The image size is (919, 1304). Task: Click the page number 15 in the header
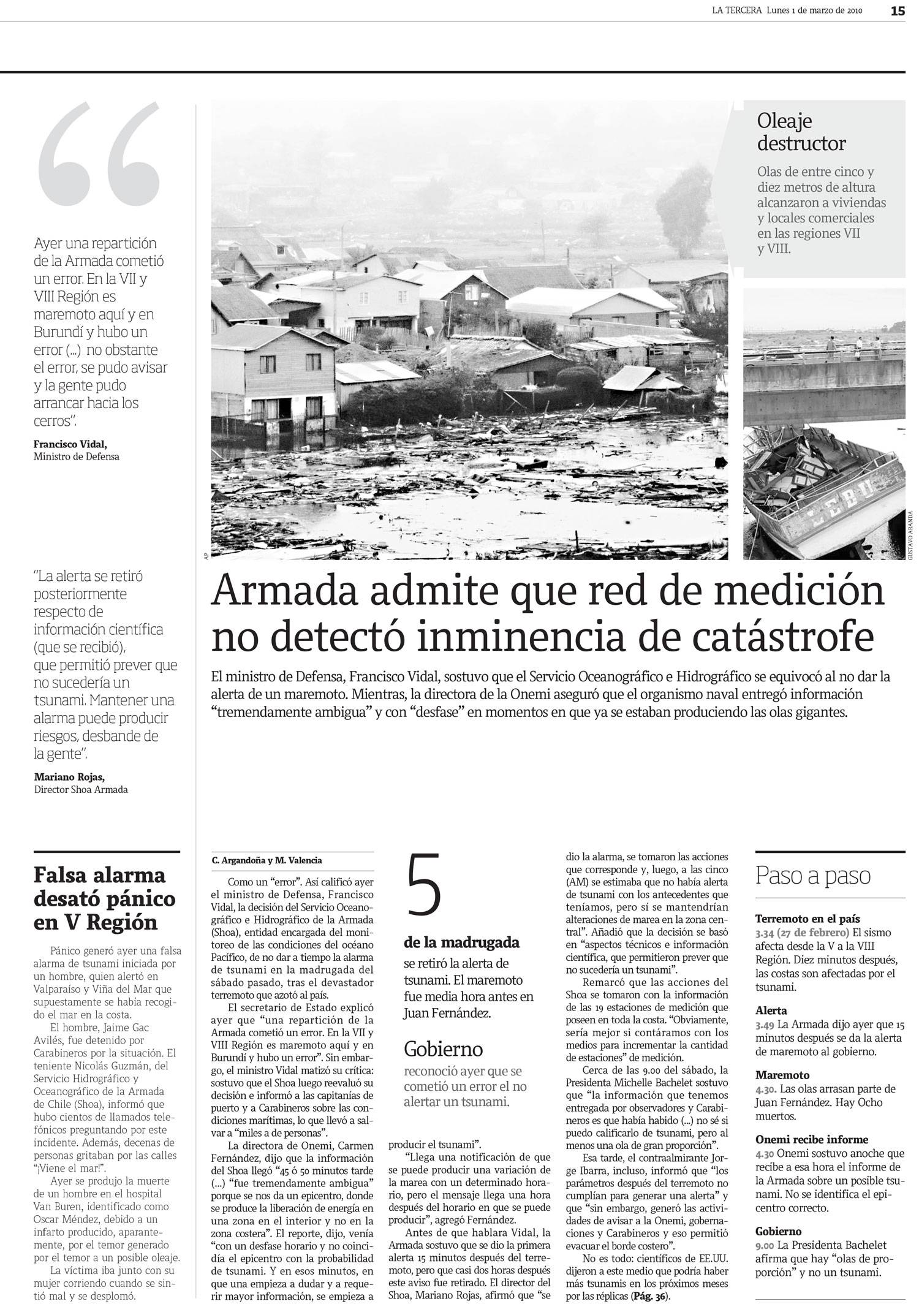pos(898,10)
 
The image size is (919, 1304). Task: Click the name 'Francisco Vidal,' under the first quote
pos(74,444)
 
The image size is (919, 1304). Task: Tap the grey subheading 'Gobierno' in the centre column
pos(443,1048)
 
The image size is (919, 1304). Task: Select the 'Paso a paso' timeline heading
pos(812,876)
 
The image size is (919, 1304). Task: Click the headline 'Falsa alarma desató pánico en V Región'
pos(105,898)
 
